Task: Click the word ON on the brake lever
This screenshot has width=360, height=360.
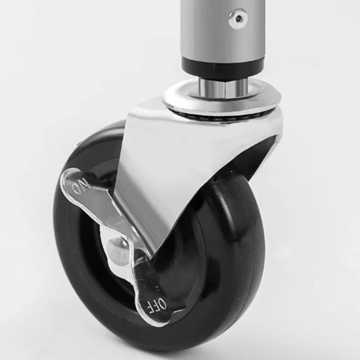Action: pos(81,186)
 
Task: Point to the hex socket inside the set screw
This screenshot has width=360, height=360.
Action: pos(239,18)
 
